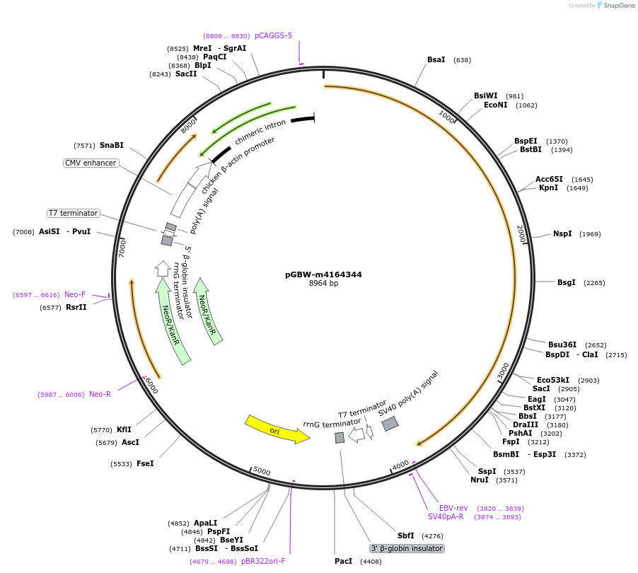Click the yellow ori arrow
277,429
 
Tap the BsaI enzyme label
436,59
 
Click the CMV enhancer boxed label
91,163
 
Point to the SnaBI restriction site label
112,145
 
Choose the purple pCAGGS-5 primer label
273,35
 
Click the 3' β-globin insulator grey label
407,548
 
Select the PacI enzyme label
343,561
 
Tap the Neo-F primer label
75,294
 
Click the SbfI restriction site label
406,536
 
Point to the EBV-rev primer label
453,508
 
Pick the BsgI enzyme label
567,282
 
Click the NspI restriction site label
563,233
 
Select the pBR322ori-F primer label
263,561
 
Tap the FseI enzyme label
145,463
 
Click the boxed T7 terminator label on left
74,213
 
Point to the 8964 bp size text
324,283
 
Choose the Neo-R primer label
100,394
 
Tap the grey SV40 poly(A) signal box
390,424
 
